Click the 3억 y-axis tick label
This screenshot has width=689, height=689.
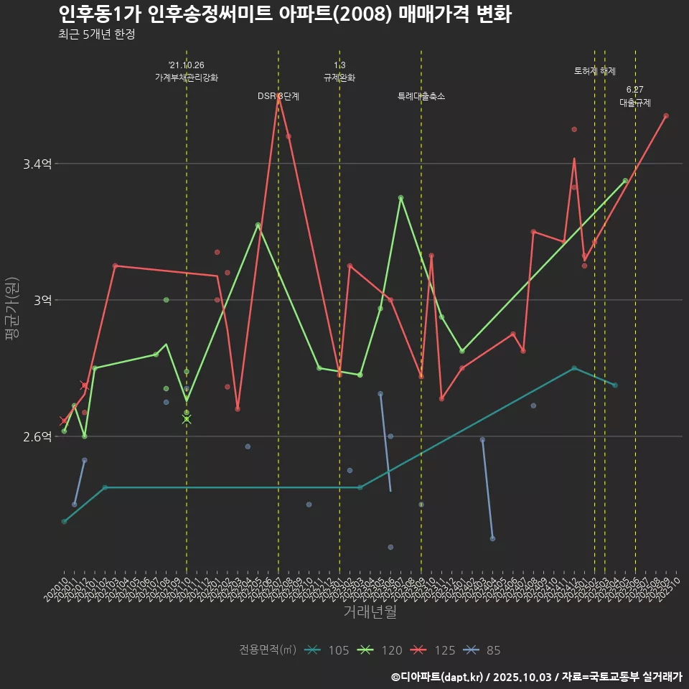click(42, 300)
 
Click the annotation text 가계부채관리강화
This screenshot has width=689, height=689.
click(187, 78)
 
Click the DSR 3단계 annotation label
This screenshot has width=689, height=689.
click(278, 96)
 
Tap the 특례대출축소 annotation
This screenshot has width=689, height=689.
click(421, 96)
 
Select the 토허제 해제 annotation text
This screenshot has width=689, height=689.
click(595, 71)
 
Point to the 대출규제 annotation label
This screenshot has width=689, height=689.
click(635, 103)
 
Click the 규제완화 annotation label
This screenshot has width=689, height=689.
click(339, 78)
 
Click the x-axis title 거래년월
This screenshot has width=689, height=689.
click(370, 612)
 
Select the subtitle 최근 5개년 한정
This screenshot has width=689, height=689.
click(97, 34)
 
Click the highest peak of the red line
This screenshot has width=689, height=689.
click(278, 95)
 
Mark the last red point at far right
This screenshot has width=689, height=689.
click(666, 116)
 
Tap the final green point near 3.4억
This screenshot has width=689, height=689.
click(625, 181)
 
